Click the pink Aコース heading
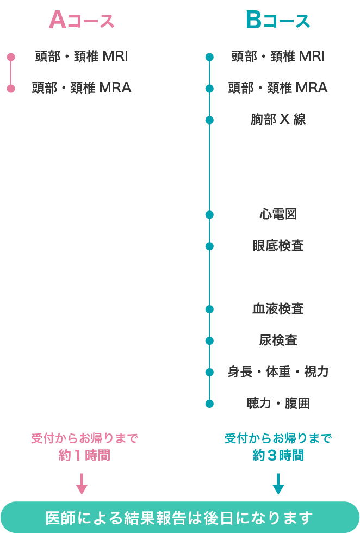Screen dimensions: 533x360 click(82, 21)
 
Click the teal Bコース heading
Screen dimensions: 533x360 click(278, 21)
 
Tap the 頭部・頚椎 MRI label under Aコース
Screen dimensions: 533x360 click(82, 57)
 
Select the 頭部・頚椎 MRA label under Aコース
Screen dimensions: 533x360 click(82, 88)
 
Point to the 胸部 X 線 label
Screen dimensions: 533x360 click(278, 120)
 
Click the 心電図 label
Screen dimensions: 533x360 click(278, 214)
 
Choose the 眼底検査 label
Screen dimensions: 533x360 click(278, 246)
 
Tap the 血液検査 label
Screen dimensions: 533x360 click(278, 309)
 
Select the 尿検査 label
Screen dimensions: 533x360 click(278, 340)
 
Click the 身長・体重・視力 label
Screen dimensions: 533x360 click(278, 372)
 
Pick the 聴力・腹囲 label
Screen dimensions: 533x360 click(278, 404)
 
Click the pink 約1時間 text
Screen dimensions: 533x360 click(84, 455)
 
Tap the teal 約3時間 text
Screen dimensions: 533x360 click(278, 455)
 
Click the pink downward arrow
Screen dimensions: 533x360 click(82, 484)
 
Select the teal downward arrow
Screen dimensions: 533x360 click(278, 484)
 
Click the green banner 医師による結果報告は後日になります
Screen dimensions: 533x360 click(180, 517)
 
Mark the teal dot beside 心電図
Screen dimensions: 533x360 click(209, 215)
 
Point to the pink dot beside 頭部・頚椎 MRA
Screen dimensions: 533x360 click(11, 89)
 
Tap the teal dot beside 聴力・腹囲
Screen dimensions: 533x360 click(209, 404)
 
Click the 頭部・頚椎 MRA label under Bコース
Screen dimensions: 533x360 click(278, 88)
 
